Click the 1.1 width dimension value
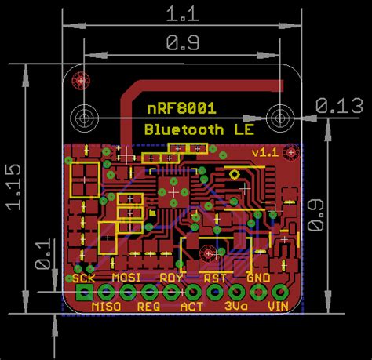[x=182, y=14]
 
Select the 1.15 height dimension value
[x=13, y=187]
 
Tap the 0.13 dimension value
[x=339, y=106]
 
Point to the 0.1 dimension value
[x=42, y=253]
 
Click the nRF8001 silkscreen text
[x=182, y=108]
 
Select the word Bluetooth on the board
[x=184, y=129]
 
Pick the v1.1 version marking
[x=265, y=153]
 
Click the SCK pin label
[x=84, y=278]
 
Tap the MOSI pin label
[x=126, y=278]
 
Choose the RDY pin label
[x=171, y=278]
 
